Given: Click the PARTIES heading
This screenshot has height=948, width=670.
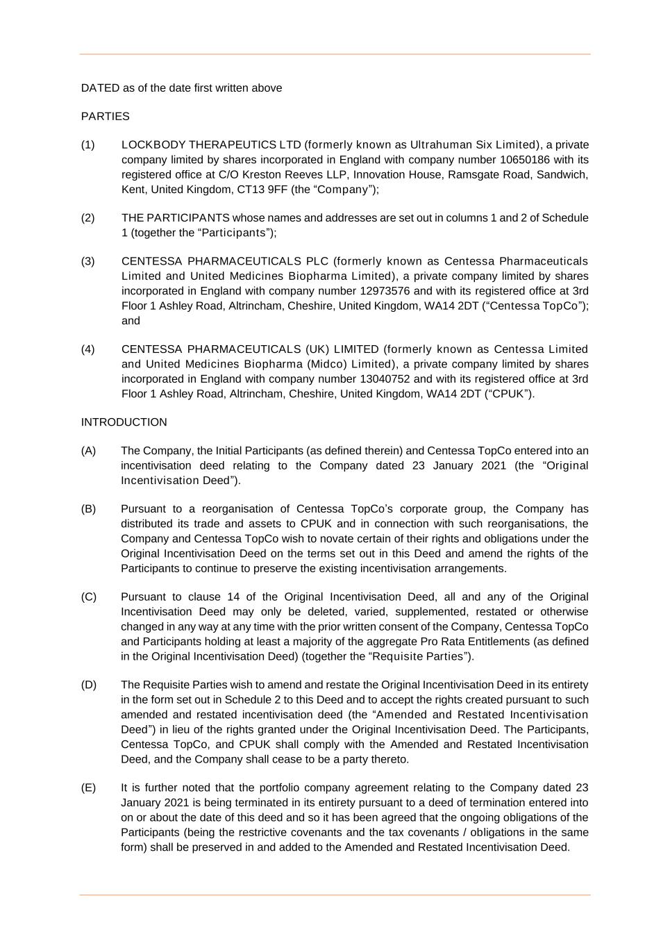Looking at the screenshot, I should point(105,117).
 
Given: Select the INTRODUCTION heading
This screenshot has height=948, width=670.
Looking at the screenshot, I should point(124,422).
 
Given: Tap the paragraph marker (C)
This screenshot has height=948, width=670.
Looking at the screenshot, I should point(89,597).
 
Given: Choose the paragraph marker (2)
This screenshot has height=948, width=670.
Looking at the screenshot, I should point(88,218).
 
